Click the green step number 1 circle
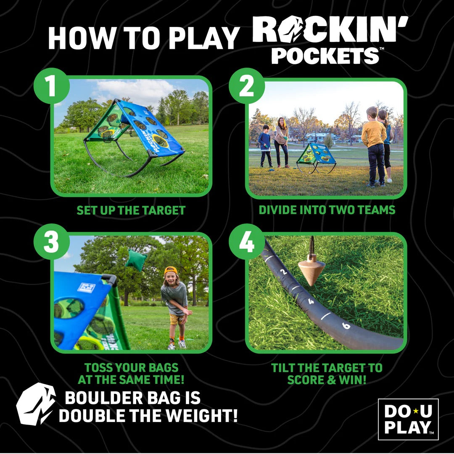pos(51,86)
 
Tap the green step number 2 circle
pos(247,86)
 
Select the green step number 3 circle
pos(51,242)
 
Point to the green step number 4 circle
pos(247,242)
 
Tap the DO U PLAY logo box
pos(408,419)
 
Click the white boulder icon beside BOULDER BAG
pos(36,404)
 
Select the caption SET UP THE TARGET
pos(131,210)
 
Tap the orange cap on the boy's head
pos(171,270)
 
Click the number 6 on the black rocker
pos(346,326)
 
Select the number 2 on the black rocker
pos(284,272)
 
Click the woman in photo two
pos(281,142)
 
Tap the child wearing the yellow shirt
pos(374,145)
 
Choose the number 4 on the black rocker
pos(311,301)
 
